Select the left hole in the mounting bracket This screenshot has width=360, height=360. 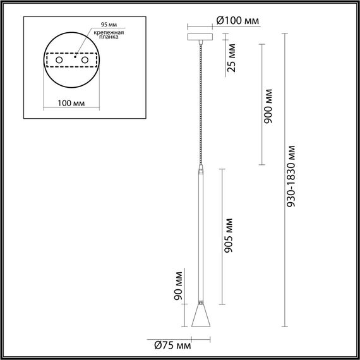[59, 60]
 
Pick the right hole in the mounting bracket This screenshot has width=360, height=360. [83, 60]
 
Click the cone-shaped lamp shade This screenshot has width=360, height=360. [200, 315]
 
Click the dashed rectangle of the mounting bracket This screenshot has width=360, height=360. [71, 52]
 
